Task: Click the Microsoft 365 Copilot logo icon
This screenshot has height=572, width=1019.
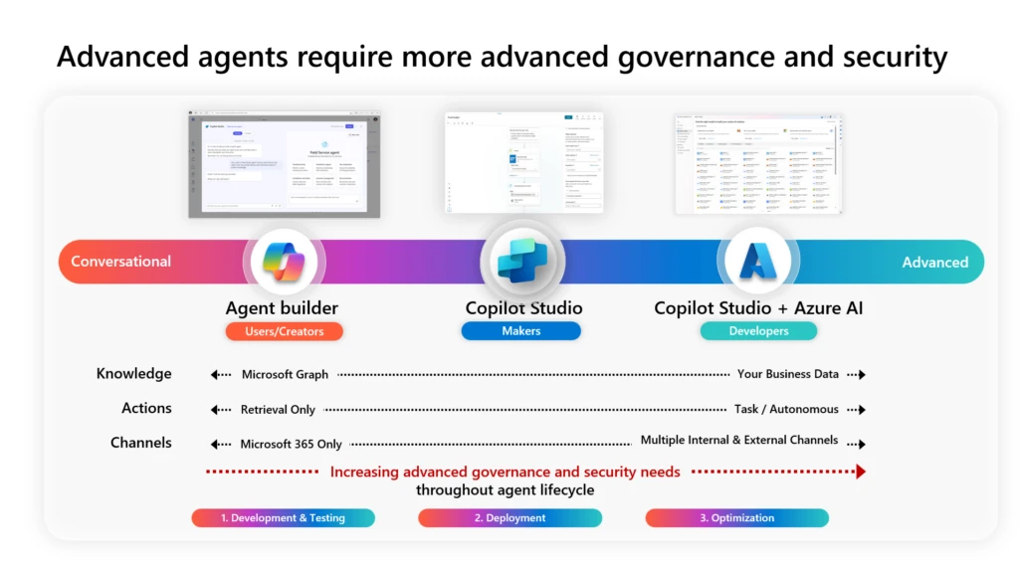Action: (x=284, y=262)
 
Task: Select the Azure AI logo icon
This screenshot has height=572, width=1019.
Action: (x=758, y=262)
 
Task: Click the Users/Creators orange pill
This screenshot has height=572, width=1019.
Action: (x=284, y=331)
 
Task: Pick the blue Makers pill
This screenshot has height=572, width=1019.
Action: (x=520, y=331)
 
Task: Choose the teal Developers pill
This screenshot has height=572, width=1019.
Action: (x=758, y=331)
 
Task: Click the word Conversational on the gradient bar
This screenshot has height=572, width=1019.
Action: (x=121, y=262)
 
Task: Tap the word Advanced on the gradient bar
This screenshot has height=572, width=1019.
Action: (x=934, y=263)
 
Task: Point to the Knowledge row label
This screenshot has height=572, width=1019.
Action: (x=133, y=374)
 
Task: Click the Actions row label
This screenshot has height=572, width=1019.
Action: (x=146, y=408)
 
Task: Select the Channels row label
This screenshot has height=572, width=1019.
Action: (x=140, y=443)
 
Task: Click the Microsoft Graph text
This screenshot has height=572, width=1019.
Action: (x=285, y=375)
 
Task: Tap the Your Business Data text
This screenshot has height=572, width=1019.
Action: (x=787, y=375)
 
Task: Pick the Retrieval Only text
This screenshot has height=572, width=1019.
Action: (x=278, y=409)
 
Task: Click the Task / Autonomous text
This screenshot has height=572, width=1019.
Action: (x=786, y=409)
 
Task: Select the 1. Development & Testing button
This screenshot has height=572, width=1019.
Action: (x=283, y=517)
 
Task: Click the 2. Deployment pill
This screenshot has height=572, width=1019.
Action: (x=509, y=517)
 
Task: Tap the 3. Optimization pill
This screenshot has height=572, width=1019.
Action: (x=736, y=517)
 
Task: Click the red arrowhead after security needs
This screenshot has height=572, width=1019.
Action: (x=860, y=472)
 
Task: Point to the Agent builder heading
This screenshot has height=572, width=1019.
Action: (x=282, y=308)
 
